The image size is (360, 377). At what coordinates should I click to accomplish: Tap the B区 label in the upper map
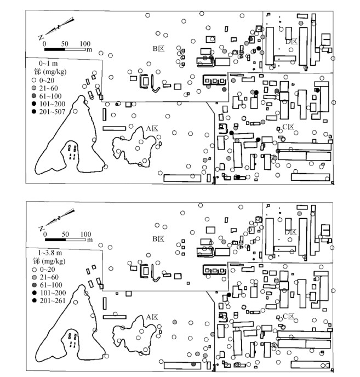click(x=158, y=49)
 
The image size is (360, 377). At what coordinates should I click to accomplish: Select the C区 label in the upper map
click(x=288, y=127)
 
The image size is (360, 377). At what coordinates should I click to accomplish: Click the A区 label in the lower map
click(x=152, y=317)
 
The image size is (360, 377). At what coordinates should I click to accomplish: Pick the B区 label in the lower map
click(x=158, y=239)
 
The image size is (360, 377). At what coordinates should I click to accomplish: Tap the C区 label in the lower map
click(x=288, y=317)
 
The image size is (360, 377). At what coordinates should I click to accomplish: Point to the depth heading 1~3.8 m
click(x=53, y=253)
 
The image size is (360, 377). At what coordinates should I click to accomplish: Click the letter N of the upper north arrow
click(x=41, y=37)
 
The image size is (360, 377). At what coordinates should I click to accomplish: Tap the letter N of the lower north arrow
click(x=41, y=228)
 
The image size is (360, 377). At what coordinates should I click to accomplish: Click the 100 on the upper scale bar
click(x=85, y=43)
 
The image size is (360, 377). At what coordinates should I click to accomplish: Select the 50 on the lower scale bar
click(x=65, y=234)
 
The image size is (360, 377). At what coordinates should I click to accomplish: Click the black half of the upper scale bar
click(x=55, y=49)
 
